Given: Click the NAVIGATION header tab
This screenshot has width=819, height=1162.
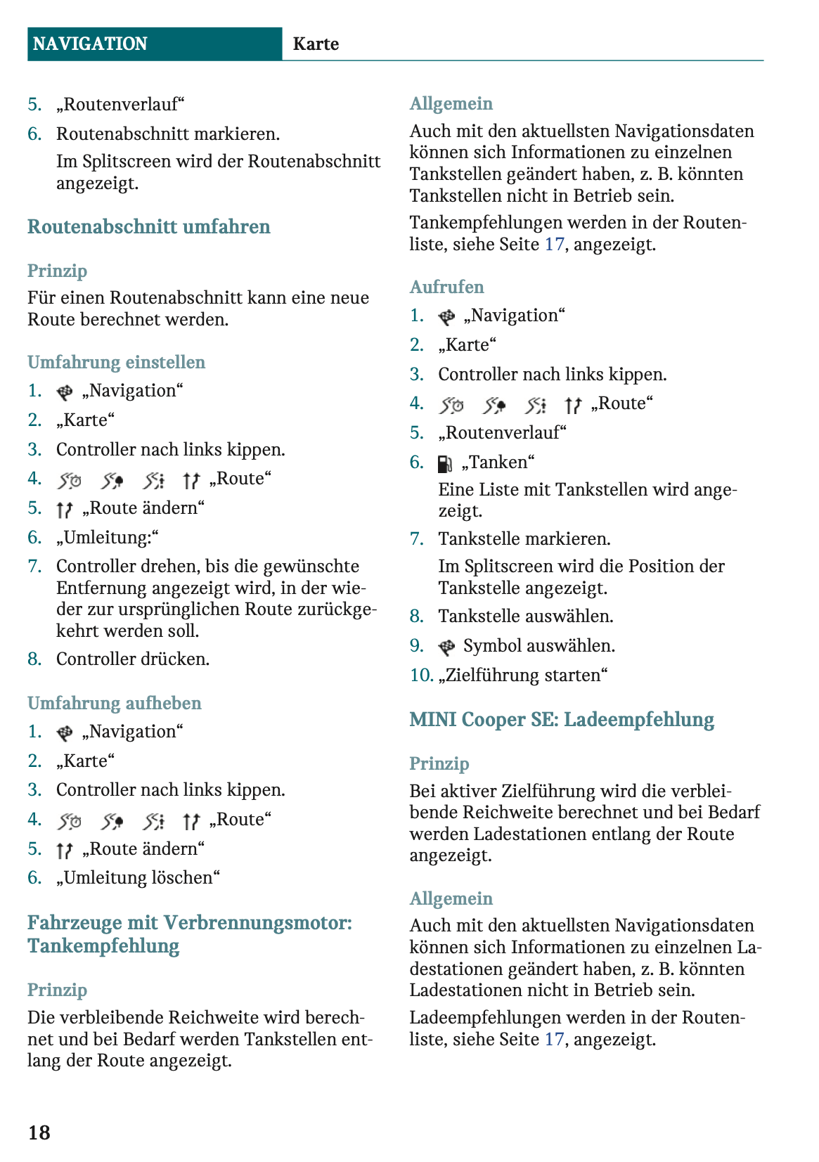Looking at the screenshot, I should [90, 44].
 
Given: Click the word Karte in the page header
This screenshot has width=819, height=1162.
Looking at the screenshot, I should [316, 44].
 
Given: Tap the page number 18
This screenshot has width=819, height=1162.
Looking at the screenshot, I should [39, 1132].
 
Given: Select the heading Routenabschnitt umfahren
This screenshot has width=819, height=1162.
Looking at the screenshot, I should [148, 226].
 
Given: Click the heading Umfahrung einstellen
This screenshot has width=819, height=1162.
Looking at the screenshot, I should [116, 362].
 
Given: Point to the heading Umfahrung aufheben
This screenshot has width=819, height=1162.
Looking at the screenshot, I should [114, 703].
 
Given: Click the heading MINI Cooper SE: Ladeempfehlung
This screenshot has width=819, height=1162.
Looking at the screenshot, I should [562, 719].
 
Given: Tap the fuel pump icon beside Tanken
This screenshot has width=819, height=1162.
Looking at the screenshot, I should [445, 463].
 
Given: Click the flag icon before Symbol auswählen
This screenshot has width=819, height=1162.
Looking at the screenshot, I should [446, 647].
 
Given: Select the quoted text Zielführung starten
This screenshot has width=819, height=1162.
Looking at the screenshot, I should [523, 676].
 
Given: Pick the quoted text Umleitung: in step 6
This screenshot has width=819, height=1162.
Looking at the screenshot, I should [108, 538].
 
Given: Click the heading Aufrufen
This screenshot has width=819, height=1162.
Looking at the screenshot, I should [446, 287].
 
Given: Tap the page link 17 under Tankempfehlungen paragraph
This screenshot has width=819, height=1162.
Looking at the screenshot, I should [554, 245].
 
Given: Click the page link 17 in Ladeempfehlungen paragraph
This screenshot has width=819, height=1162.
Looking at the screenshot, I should [554, 1039].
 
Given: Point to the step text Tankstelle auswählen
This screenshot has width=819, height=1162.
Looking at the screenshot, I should [526, 616].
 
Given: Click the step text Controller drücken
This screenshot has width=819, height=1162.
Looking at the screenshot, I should [133, 659].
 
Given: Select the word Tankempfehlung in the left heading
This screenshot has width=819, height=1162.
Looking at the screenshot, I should [103, 946].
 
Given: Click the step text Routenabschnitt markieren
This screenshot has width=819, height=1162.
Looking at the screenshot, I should [168, 134].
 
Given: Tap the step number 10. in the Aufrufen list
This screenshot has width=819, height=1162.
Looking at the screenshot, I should [421, 676].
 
